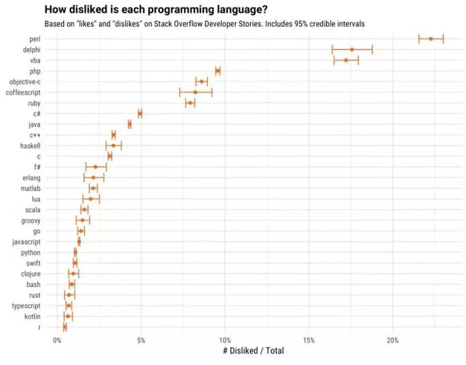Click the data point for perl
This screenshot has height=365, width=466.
pos(431,38)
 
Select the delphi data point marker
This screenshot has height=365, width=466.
pos(352,49)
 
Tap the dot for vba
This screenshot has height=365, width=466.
pos(346,60)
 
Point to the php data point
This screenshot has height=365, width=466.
pos(217,71)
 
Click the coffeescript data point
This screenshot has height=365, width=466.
pos(196,92)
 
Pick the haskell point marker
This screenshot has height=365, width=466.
pos(113,145)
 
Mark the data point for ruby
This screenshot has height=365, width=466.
pos(190,103)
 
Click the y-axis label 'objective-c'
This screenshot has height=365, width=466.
pos(25,81)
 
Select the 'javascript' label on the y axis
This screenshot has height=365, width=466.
pos(26,242)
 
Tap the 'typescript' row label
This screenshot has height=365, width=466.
pos(26,306)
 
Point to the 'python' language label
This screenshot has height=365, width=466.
pos(31,253)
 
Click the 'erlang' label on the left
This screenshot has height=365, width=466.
pos(30,178)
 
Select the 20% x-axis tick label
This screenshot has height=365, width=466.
pos(393,340)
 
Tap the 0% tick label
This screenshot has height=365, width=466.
pos(57,340)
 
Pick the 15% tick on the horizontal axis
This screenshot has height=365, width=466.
pos(309,340)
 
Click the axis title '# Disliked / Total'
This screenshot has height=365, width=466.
pos(253,351)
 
